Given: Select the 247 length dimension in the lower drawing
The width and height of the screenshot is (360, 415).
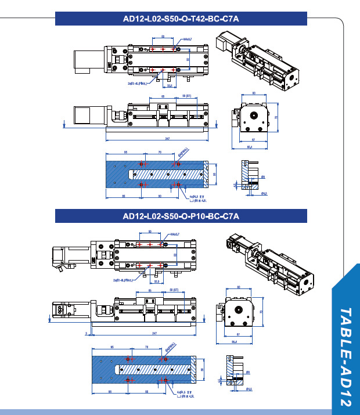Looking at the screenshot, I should point(154,333).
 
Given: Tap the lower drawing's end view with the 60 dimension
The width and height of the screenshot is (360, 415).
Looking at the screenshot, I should point(239,312).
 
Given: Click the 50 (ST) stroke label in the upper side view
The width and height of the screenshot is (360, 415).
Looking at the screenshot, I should point(188,95).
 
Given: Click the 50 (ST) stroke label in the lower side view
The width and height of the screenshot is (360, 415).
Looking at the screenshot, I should point(174,288).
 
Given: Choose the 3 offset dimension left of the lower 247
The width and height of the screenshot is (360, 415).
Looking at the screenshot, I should point(85,333).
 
